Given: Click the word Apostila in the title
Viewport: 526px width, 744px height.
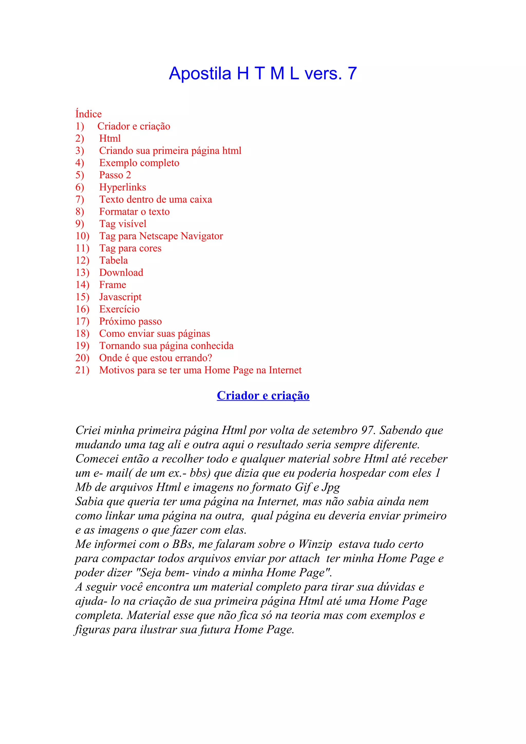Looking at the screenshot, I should (x=200, y=73).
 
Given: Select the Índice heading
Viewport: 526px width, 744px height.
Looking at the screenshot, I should (x=88, y=114).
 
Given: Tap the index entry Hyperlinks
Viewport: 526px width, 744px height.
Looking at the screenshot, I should (x=123, y=187).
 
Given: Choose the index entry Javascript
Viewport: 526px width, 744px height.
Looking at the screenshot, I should (x=120, y=297).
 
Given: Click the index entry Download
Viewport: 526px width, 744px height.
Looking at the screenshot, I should (x=121, y=273).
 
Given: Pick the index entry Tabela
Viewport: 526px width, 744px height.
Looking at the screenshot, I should (x=114, y=261).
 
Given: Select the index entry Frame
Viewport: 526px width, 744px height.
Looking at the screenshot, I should (x=112, y=285).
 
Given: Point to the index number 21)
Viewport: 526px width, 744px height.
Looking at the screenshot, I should (x=82, y=370).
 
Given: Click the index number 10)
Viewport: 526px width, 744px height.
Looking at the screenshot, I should (x=82, y=236).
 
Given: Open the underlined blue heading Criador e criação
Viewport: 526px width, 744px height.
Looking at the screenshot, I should (x=263, y=396).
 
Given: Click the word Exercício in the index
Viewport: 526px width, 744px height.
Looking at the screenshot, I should (x=119, y=309).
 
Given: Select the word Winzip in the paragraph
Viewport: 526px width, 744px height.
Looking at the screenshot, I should (x=315, y=544).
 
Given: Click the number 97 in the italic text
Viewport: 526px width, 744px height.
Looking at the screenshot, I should (x=368, y=430).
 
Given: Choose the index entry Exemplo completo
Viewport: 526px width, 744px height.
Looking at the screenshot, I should (x=139, y=163).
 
